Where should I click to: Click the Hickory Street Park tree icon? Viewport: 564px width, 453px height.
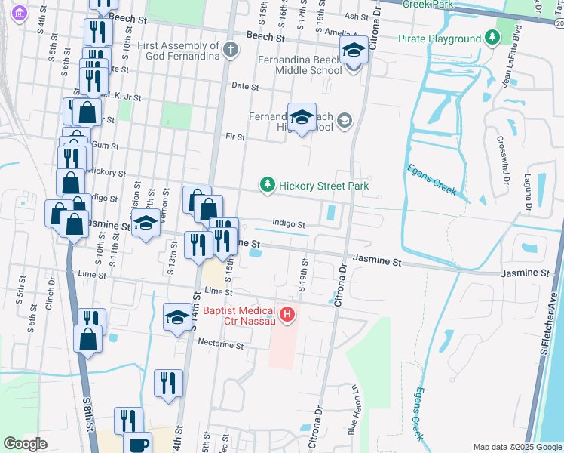[x=267, y=184]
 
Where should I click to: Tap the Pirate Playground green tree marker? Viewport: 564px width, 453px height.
[x=492, y=38]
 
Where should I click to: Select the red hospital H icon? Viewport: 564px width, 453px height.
[x=287, y=314]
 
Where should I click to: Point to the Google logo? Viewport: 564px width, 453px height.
[x=26, y=443]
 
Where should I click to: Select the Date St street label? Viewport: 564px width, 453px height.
[x=245, y=87]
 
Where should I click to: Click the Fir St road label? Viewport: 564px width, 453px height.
[x=235, y=137]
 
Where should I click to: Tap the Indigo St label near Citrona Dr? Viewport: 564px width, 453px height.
[x=288, y=224]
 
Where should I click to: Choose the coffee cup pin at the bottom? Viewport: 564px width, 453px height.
[x=137, y=444]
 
